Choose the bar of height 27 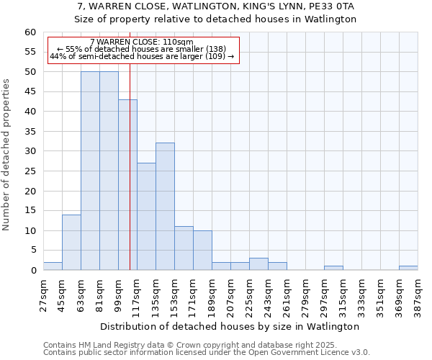pos(146,217)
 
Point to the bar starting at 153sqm pos(184,248)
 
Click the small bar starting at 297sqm pos(333,269)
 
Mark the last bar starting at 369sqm pos(408,269)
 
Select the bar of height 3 pos(258,264)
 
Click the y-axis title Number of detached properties pos(7,155)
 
